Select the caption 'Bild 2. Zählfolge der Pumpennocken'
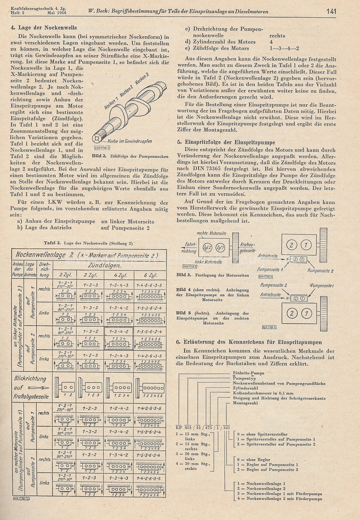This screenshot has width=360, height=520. pyautogui.click(x=126, y=155)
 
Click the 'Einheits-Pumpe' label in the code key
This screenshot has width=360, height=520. pyautogui.click(x=247, y=372)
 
